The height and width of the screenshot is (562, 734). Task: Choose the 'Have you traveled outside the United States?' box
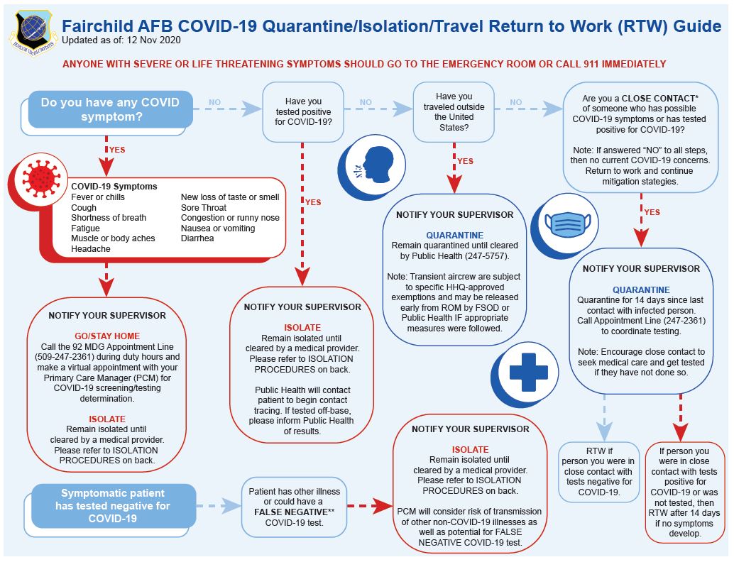pyautogui.click(x=454, y=111)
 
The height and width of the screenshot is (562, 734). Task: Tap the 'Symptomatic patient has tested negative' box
pyautogui.click(x=114, y=506)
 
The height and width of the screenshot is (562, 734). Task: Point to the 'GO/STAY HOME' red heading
pyautogui.click(x=107, y=336)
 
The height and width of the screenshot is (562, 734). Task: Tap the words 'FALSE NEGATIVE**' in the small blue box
pyautogui.click(x=293, y=512)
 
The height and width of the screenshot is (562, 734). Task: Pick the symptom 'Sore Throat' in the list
pyautogui.click(x=204, y=207)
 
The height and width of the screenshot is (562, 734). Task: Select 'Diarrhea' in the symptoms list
pyautogui.click(x=197, y=238)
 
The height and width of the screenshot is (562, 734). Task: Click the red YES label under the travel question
pyautogui.click(x=465, y=162)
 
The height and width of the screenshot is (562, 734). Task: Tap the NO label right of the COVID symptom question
pyautogui.click(x=215, y=103)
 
